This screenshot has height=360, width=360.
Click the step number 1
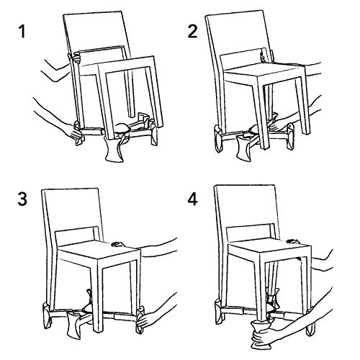pos(22,32)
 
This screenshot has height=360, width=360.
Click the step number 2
pos(192,32)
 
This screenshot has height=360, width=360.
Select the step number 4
pos(192,199)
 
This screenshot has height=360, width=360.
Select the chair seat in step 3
pos(99,250)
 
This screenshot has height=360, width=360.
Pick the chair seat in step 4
pos(269,250)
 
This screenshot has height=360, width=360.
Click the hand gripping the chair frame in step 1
pos(76,58)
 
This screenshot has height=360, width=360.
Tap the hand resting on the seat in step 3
pos(117,244)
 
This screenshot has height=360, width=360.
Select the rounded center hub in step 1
pos(123,127)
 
